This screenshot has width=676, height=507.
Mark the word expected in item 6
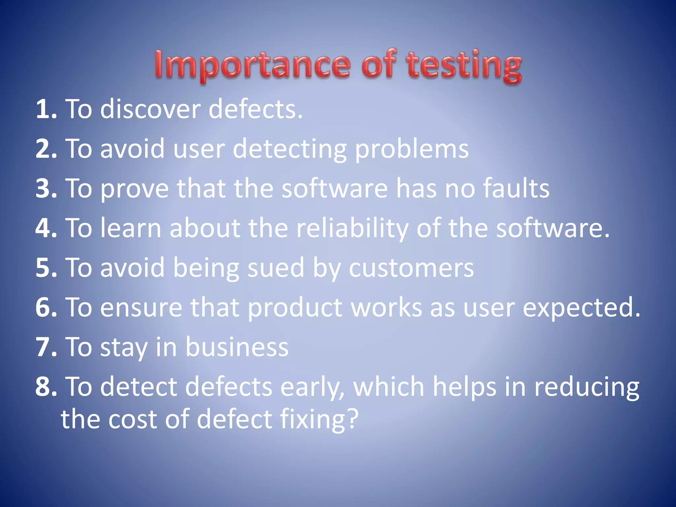[581, 308]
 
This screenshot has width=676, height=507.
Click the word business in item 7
[237, 347]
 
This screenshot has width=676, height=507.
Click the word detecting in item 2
[289, 149]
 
